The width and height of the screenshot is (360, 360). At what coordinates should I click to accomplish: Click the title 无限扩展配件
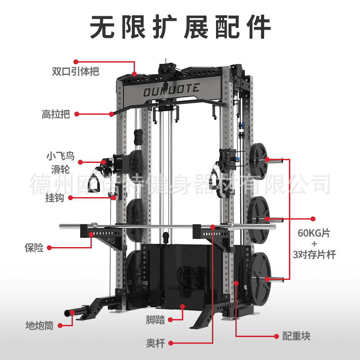pyautogui.click(x=180, y=27)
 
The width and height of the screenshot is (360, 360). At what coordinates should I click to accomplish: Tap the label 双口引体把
pyautogui.click(x=76, y=72)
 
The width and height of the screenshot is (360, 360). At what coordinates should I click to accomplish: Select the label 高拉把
pyautogui.click(x=56, y=114)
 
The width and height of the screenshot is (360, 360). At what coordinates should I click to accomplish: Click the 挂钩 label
pyautogui.click(x=54, y=198)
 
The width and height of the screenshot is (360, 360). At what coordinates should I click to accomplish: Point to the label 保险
pyautogui.click(x=34, y=248)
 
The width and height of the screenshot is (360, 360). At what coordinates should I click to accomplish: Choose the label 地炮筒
pyautogui.click(x=40, y=325)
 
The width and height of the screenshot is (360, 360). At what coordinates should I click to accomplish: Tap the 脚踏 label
pyautogui.click(x=155, y=320)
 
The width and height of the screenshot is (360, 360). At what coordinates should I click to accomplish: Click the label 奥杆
pyautogui.click(x=156, y=343)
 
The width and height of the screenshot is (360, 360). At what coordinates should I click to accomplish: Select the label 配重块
pyautogui.click(x=296, y=336)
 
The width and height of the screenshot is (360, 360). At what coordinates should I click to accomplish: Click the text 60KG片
pyautogui.click(x=314, y=233)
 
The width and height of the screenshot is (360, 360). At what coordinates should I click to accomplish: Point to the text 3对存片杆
pyautogui.click(x=314, y=255)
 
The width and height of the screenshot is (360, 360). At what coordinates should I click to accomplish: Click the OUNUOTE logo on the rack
pyautogui.click(x=171, y=90)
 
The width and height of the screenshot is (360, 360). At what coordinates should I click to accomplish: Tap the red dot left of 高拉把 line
pyautogui.click(x=76, y=114)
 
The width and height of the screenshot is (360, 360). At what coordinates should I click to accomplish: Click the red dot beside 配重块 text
pyautogui.click(x=277, y=336)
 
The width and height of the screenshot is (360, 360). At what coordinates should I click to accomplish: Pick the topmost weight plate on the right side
pyautogui.click(x=258, y=159)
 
